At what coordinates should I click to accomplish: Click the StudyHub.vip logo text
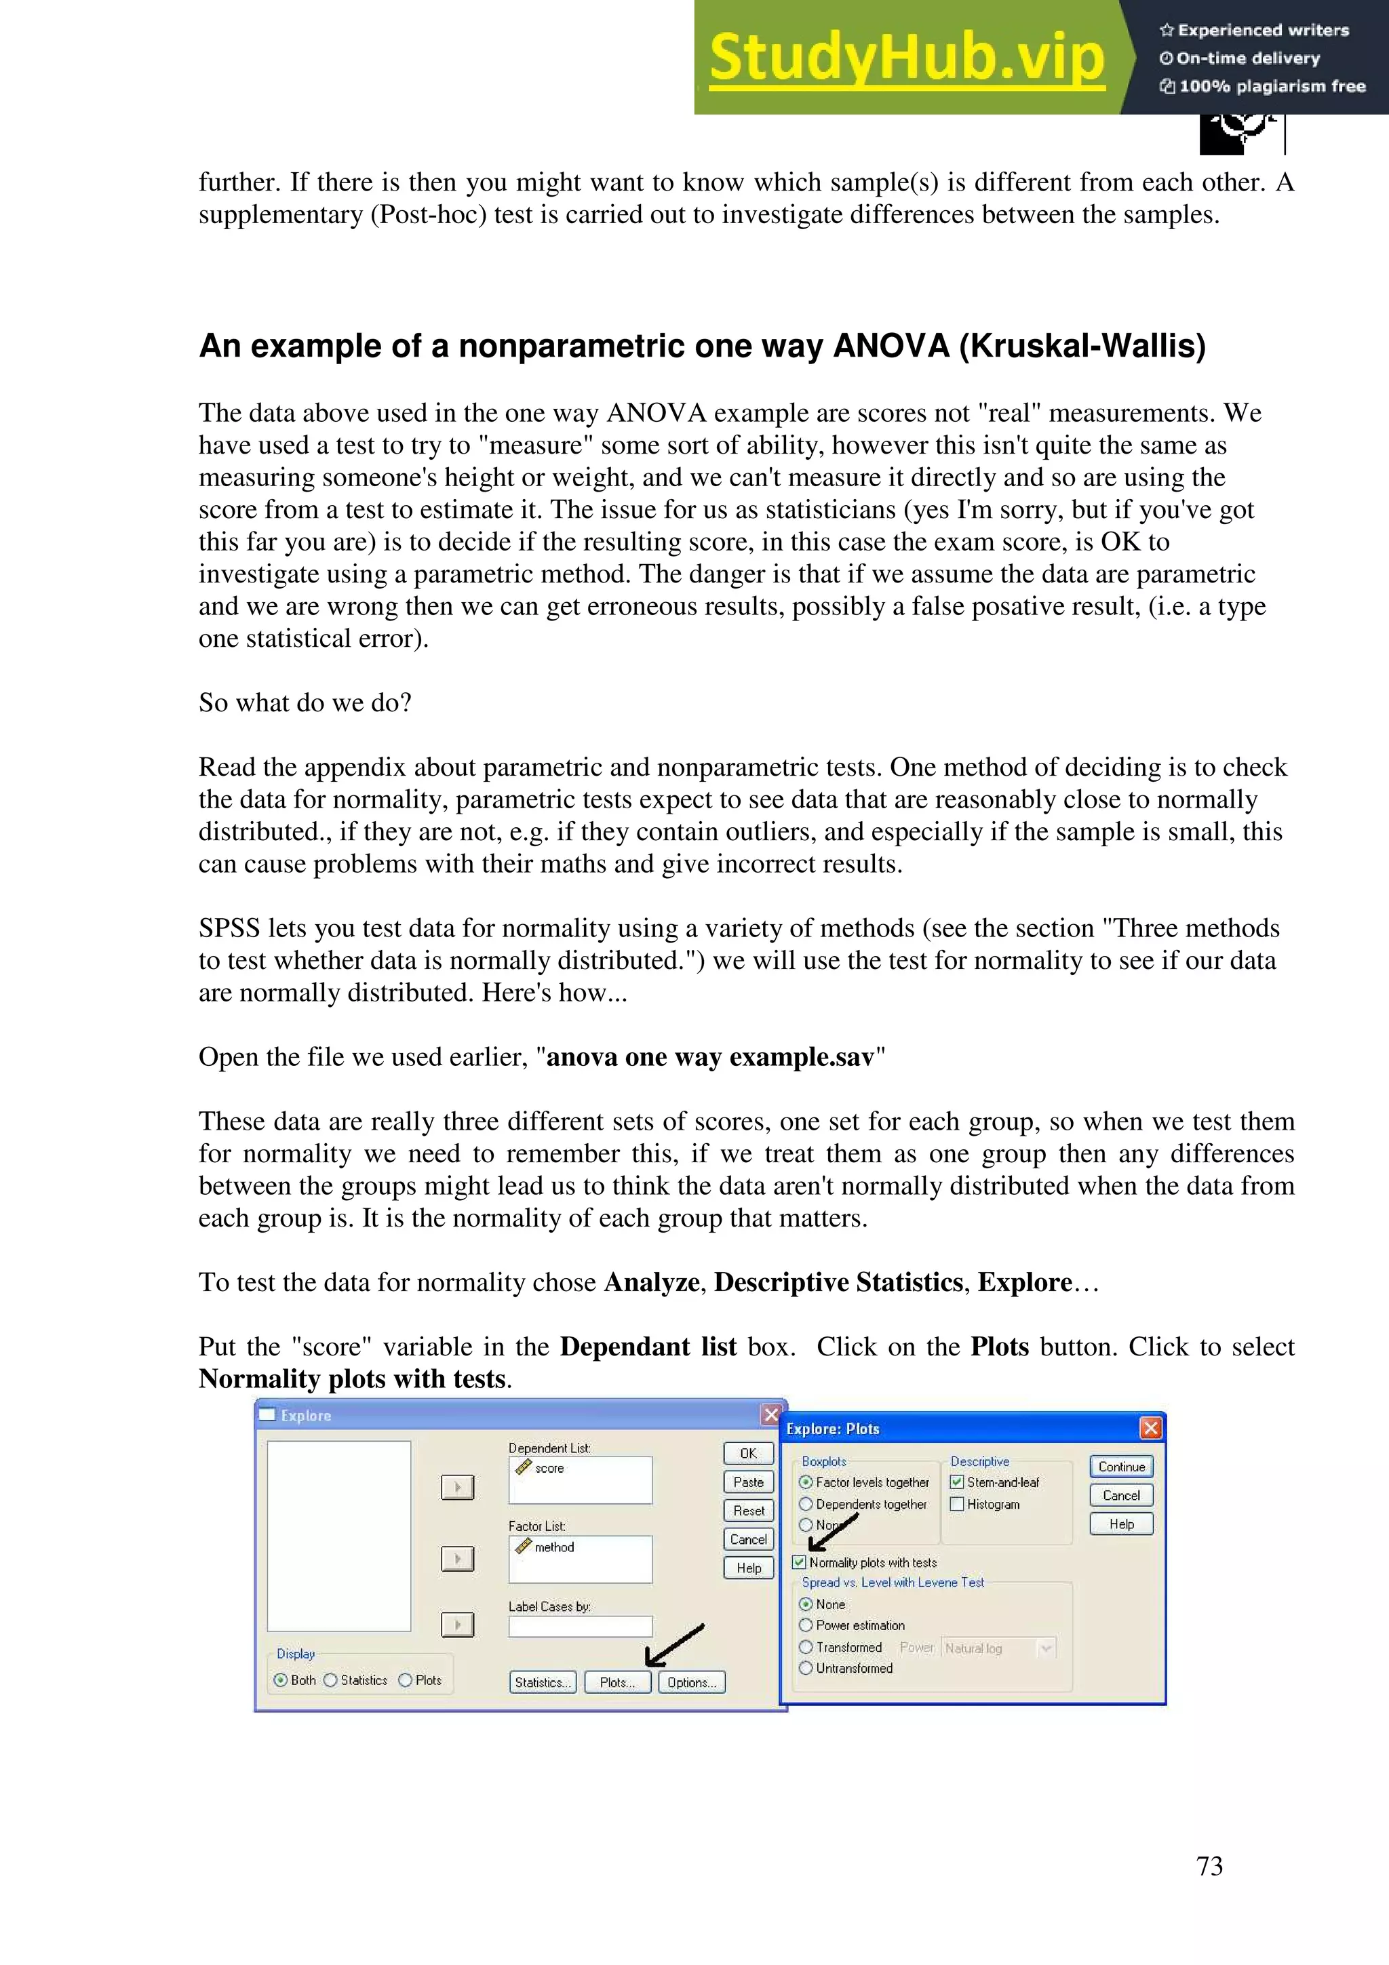click(x=906, y=58)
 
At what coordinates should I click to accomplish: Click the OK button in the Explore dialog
click(x=748, y=1453)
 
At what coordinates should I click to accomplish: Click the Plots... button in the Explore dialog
click(x=617, y=1682)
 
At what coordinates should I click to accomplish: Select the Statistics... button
click(x=542, y=1682)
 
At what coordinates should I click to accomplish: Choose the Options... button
click(x=692, y=1682)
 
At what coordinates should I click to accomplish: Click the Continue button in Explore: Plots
click(x=1121, y=1466)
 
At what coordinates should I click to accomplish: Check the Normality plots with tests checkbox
click(x=800, y=1562)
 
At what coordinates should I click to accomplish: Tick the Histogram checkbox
click(x=958, y=1504)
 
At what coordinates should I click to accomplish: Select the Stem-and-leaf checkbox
click(x=958, y=1482)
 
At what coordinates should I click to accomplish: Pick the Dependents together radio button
click(x=805, y=1504)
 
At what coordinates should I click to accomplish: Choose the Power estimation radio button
click(x=805, y=1625)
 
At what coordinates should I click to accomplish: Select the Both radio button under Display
click(x=280, y=1680)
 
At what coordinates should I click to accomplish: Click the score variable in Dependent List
click(x=549, y=1468)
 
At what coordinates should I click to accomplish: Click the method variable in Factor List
click(x=553, y=1547)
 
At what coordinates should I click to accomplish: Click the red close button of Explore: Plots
click(x=1150, y=1427)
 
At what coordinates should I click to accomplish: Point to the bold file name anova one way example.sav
click(x=709, y=1057)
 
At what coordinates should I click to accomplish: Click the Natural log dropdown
click(x=998, y=1648)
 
